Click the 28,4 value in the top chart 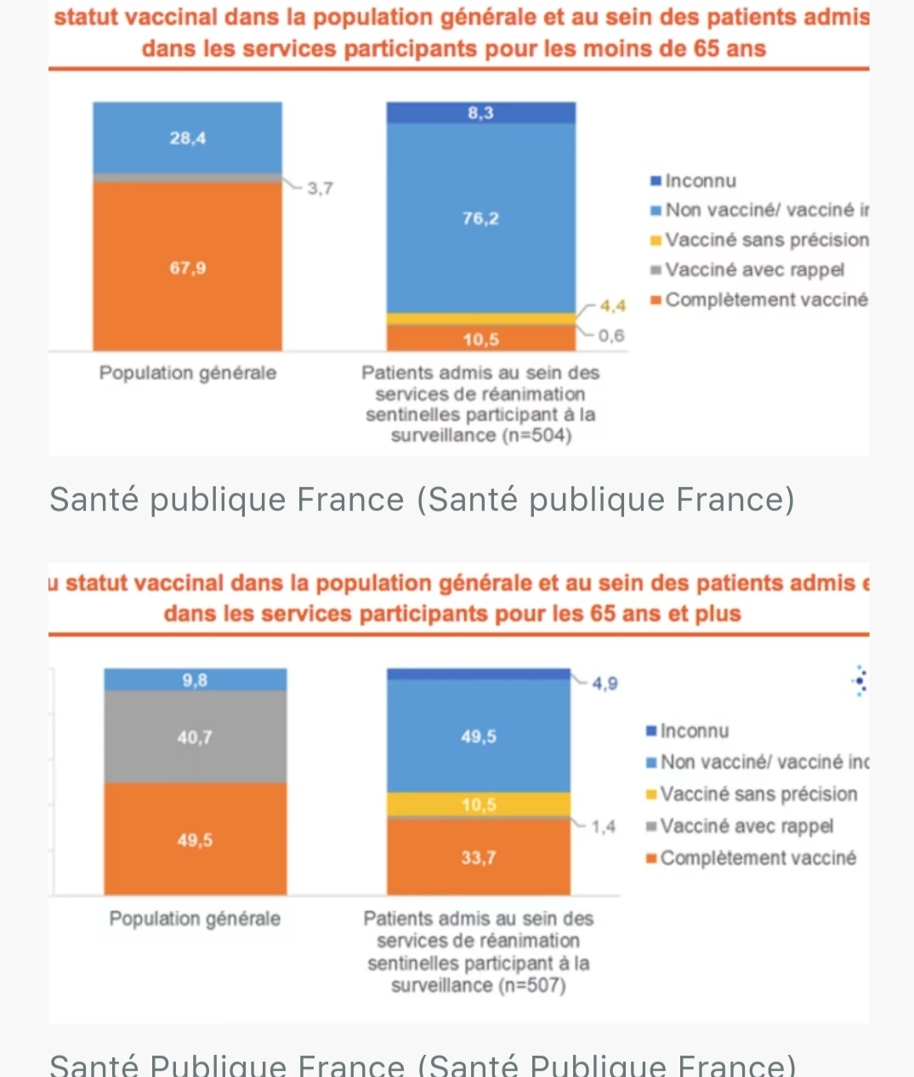(187, 139)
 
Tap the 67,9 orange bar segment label (187, 269)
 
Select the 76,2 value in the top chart (480, 218)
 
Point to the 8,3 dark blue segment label (480, 113)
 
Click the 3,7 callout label (320, 189)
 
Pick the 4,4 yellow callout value (613, 306)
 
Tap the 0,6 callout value (610, 336)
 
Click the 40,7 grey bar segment (195, 737)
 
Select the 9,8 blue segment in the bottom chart (195, 680)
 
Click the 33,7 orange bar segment (479, 858)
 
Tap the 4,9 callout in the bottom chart (605, 684)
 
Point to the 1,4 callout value (603, 827)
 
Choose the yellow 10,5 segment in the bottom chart (479, 805)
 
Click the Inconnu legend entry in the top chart (700, 181)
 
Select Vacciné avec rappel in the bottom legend (746, 826)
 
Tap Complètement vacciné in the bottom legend (757, 859)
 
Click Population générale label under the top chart (188, 373)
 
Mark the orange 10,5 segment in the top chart (480, 340)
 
